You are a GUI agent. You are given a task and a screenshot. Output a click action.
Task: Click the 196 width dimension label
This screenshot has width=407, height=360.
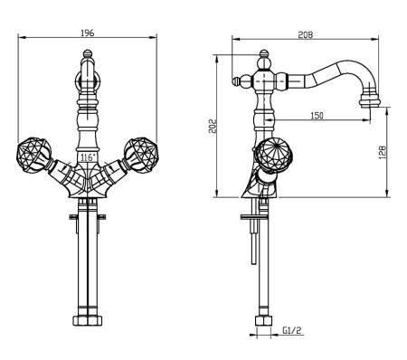tap(88, 33)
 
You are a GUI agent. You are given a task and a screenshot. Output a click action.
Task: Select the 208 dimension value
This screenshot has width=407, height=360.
tap(306, 34)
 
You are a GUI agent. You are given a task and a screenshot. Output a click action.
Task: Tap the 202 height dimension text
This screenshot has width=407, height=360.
tap(213, 126)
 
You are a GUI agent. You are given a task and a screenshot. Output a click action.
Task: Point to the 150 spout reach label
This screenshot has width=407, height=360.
tap(317, 116)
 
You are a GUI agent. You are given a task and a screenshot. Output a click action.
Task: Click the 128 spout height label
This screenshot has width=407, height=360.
tap(382, 152)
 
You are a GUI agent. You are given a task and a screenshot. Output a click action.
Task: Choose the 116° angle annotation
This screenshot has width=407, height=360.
tap(88, 157)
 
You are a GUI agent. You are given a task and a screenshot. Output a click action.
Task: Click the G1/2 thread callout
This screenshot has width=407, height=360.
tap(292, 330)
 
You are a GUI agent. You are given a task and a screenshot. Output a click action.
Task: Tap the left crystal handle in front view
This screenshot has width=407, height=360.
tap(33, 155)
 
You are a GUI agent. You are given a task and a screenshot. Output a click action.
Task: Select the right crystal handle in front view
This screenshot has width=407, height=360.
tap(141, 155)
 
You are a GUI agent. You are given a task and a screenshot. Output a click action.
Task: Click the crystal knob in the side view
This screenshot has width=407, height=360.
tap(273, 155)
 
